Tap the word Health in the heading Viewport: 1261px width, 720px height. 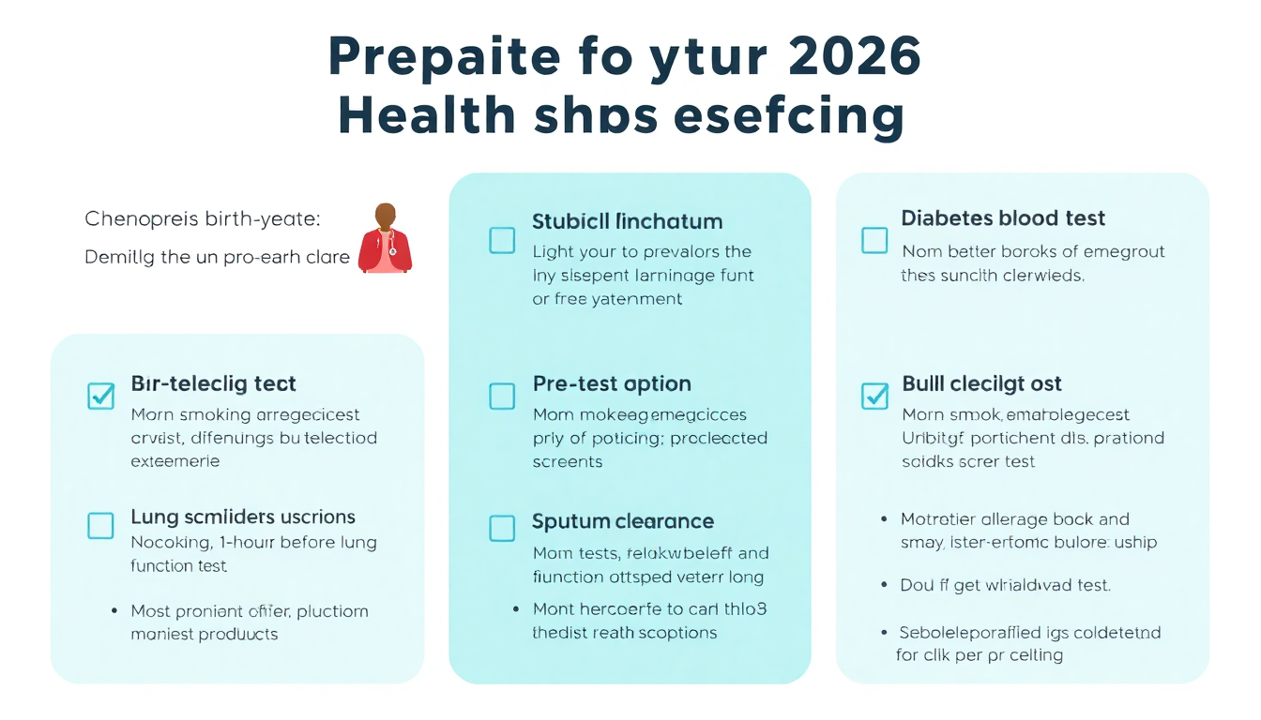[427, 116]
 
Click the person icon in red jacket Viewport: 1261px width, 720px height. [385, 239]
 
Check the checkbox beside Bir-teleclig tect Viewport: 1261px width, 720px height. [100, 396]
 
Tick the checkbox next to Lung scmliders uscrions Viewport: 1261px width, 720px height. [100, 525]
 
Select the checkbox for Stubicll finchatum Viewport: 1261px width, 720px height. [502, 240]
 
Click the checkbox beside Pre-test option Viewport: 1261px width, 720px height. [502, 396]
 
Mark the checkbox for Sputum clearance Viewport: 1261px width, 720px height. [502, 529]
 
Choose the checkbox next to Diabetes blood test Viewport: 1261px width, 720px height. [874, 240]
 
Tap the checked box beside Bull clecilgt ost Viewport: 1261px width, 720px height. [874, 396]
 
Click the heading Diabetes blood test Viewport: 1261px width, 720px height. [1003, 218]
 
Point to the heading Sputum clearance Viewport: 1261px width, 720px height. [623, 521]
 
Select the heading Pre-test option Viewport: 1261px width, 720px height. [612, 383]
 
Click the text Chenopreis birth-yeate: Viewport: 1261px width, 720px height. [203, 219]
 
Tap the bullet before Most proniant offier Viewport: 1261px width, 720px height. [114, 611]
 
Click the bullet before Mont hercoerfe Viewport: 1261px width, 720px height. [516, 608]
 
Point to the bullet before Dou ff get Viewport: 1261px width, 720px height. [884, 585]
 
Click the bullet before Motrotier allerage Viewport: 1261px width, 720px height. [884, 518]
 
